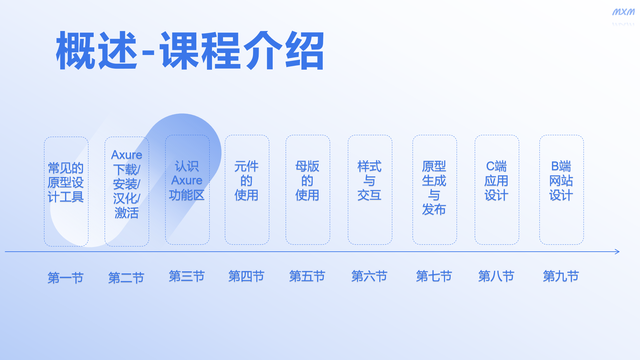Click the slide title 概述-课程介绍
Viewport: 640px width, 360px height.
[190, 51]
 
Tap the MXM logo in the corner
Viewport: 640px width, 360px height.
[623, 12]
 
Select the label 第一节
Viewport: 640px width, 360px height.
[66, 278]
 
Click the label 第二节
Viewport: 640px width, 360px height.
[126, 278]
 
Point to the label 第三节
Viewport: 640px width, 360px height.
[187, 276]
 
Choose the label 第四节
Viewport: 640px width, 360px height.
[247, 276]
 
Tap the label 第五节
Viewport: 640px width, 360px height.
[307, 276]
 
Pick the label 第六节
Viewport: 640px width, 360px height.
[370, 276]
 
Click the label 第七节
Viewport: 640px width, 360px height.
[434, 276]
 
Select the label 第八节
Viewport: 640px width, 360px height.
[497, 276]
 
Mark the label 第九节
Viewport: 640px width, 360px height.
[561, 276]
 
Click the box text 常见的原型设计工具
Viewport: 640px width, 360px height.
[66, 182]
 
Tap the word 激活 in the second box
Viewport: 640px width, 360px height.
[127, 213]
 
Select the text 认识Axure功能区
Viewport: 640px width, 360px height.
[187, 180]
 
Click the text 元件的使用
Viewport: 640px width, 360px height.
[247, 180]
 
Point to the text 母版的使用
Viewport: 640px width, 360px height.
[307, 180]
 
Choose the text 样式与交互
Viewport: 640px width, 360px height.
[370, 180]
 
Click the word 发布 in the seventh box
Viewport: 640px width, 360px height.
[434, 209]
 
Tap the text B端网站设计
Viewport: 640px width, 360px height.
[561, 180]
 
